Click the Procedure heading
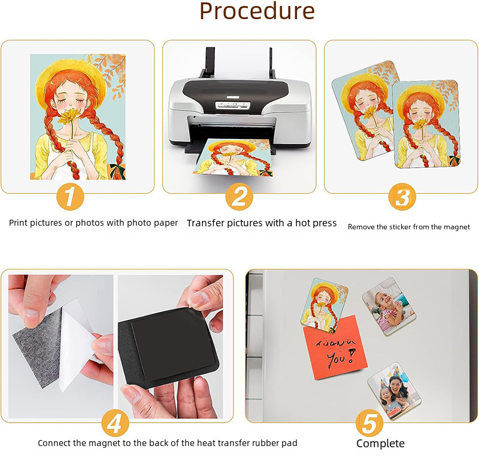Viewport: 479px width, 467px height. point(257,11)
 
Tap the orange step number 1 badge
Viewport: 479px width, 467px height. point(70,197)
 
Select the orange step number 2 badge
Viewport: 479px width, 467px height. point(239,197)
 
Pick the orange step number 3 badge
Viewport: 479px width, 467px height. point(402,197)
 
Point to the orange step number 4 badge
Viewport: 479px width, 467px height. point(115,423)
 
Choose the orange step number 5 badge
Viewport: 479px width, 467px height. point(369,423)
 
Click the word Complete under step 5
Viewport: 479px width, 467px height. point(380,444)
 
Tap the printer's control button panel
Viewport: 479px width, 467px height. point(233,105)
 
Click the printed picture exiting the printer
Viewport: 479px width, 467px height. point(234,157)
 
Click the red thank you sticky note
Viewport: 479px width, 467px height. point(335,348)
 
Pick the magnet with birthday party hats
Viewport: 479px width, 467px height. point(394,391)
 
